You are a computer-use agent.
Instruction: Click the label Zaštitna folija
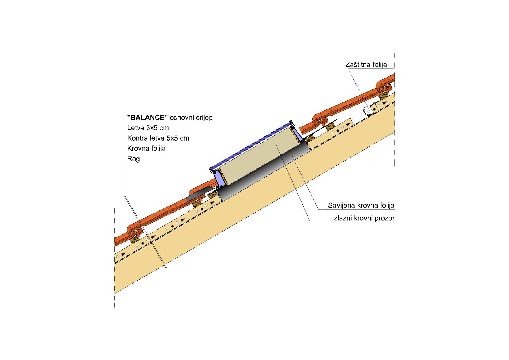pos(366,64)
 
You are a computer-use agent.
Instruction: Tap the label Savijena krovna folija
pos(361,206)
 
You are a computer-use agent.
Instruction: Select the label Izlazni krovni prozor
pos(363,218)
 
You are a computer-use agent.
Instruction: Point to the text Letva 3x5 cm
pos(148,128)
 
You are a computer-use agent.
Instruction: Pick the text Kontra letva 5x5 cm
pos(158,138)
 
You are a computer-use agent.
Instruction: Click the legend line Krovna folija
pos(146,149)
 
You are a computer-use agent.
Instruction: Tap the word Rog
pos(133,159)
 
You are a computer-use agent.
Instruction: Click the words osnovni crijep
pos(191,118)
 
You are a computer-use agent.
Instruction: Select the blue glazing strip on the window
pos(251,145)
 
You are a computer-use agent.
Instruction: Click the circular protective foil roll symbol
pos(367,111)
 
